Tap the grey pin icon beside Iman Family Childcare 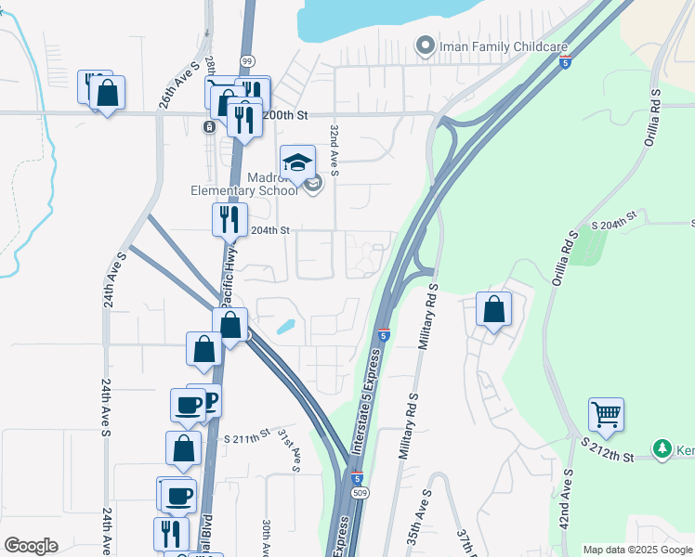click(x=426, y=44)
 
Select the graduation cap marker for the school click(x=297, y=164)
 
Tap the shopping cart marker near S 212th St click(x=606, y=414)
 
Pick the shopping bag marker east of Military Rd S click(x=494, y=309)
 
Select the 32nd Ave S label click(x=334, y=147)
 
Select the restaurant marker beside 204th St click(x=229, y=220)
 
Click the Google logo click(x=31, y=546)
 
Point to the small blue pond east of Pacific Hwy click(x=286, y=327)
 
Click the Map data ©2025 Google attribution click(x=636, y=550)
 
